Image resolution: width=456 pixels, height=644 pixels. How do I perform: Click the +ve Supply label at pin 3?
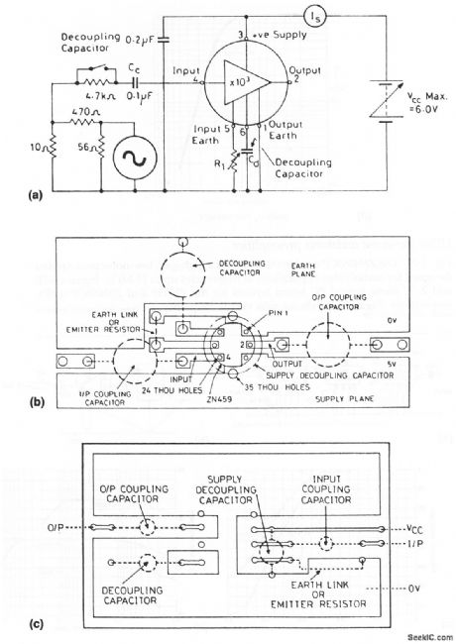tap(272, 37)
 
